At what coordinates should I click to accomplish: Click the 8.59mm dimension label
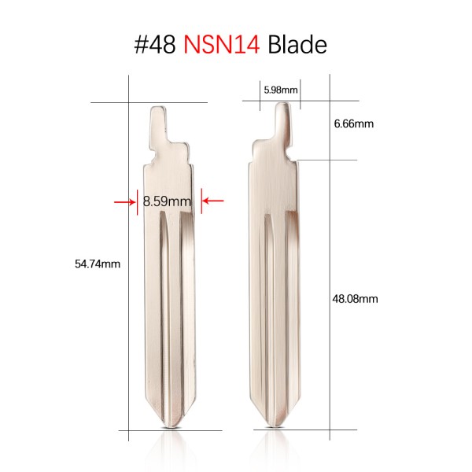click(x=167, y=202)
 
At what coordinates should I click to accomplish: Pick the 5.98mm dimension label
click(x=280, y=90)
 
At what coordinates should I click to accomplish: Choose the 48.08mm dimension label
click(x=356, y=298)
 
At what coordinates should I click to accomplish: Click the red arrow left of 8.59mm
click(x=126, y=202)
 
